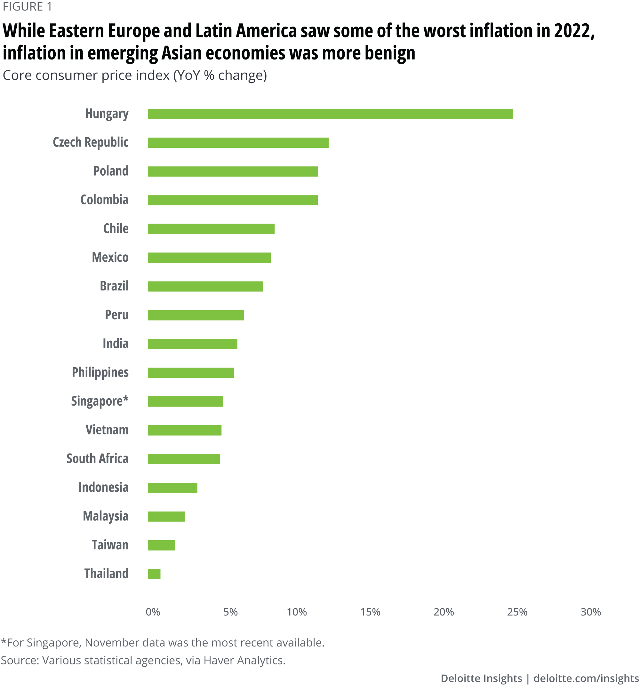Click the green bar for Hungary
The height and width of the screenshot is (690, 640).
coord(330,114)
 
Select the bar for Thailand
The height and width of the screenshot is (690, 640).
coord(154,574)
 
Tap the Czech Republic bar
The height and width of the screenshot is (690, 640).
coord(238,143)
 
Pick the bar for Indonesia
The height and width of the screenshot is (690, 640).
coord(172,488)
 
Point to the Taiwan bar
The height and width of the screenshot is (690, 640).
coord(161,545)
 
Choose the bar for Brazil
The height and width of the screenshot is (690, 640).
coord(205,286)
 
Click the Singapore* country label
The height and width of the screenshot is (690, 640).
coord(100,401)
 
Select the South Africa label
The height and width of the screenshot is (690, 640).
coord(97,459)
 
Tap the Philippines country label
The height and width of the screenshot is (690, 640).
coord(100,373)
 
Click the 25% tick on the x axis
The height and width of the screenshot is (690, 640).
coord(517,612)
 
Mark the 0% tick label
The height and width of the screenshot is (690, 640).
coord(153,612)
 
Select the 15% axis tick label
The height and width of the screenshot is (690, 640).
coord(370,612)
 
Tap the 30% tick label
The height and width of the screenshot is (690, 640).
coord(590,612)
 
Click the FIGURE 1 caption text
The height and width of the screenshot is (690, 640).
coord(27,7)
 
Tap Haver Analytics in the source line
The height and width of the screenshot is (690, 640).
coord(244,660)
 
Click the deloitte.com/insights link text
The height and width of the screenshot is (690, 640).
coord(586,678)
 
